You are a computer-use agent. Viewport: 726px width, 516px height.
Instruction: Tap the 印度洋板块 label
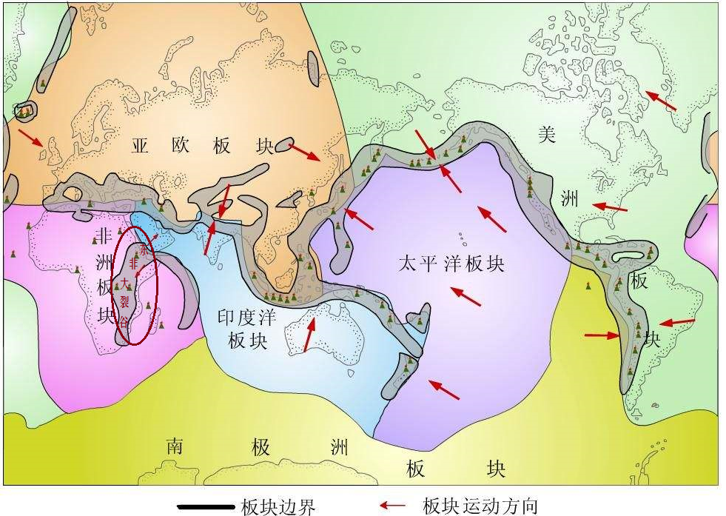coord(246,329)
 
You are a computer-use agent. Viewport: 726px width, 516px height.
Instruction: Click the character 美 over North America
coord(546,135)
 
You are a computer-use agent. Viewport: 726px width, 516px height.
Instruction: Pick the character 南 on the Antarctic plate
coord(174,446)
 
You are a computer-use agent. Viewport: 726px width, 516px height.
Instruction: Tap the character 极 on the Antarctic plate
coord(260,447)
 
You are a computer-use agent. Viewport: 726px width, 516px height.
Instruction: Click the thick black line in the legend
coord(206,507)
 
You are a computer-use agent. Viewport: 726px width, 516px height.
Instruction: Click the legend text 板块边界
coord(278,507)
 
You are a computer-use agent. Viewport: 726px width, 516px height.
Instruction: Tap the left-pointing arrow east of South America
coord(677,323)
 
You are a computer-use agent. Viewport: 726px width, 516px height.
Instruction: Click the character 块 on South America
coord(651,338)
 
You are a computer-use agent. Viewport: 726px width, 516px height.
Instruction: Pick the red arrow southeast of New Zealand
coord(444,389)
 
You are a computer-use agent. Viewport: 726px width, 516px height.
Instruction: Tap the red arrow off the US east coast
coord(611,207)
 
